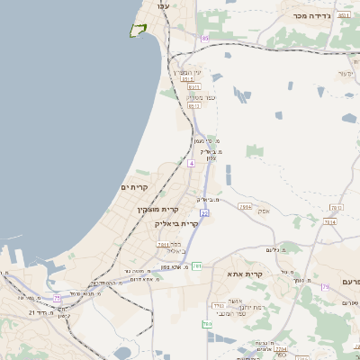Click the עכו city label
(x=163, y=6)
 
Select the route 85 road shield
(x=205, y=38)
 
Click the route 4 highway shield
(x=191, y=164)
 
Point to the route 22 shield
(x=204, y=212)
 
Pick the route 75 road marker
(x=57, y=297)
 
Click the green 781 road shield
(x=197, y=266)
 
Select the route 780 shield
(x=208, y=323)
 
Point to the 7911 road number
(x=163, y=243)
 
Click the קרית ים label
(x=134, y=186)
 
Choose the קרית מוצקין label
(x=128, y=210)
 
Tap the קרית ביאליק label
(x=176, y=223)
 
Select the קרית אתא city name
(x=245, y=274)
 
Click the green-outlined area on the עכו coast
(x=138, y=31)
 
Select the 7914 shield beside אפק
(x=247, y=206)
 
